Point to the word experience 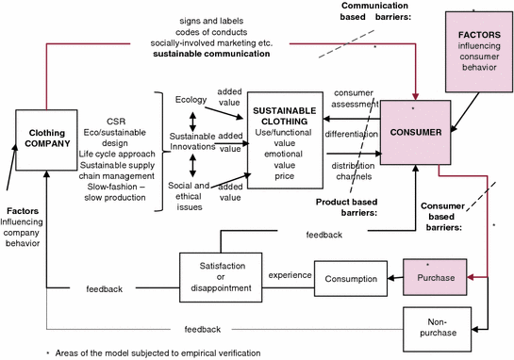point(290,274)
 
